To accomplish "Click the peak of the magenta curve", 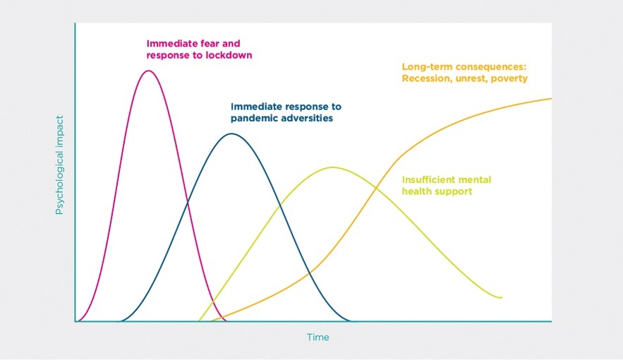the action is (149, 71).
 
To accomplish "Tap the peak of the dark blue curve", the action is (231, 133).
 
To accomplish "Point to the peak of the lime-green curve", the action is (333, 167).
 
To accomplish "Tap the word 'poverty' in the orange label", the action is (509, 78).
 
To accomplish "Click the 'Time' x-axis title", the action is (318, 337).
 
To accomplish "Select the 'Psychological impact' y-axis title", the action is (59, 165).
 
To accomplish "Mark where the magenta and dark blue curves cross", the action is (188, 204).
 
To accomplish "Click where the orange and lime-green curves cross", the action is (375, 187).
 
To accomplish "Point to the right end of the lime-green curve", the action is (502, 297).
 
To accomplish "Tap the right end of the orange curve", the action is (551, 98).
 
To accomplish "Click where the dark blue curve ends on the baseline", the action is (351, 321).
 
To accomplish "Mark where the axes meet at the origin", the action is (75, 321).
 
